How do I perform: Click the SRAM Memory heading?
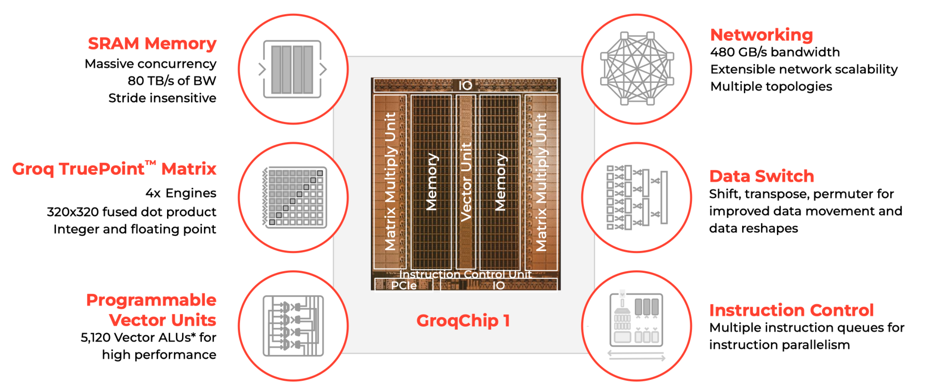tap(152, 44)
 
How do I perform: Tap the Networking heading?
tap(761, 35)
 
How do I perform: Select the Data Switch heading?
tap(761, 176)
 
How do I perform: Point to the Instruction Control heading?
tap(791, 310)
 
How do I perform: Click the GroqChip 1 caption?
tap(463, 321)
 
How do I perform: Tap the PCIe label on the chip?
tap(404, 285)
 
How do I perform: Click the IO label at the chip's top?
tap(465, 86)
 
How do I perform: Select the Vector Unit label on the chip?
tap(466, 182)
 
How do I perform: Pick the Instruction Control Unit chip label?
tap(465, 274)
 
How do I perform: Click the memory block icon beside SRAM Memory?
tap(292, 69)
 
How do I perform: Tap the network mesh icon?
tap(637, 68)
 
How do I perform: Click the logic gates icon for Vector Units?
tap(293, 326)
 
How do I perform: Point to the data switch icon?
tap(637, 197)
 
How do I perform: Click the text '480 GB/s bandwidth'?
tap(775, 52)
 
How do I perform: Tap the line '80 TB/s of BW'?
tap(172, 81)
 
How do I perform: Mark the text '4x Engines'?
tap(181, 193)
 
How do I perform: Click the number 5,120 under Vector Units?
tap(96, 338)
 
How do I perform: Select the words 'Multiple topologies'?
tap(771, 87)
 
